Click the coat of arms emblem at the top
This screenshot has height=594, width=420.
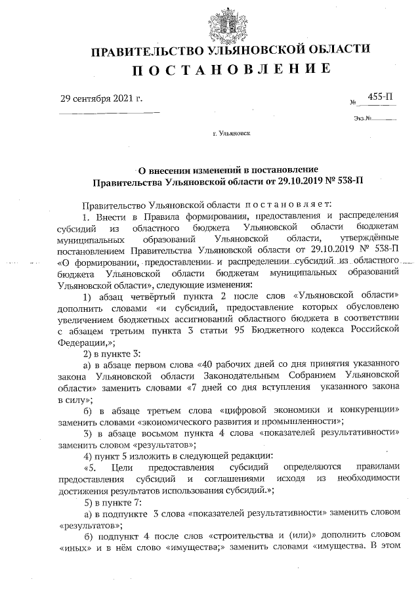point(229,23)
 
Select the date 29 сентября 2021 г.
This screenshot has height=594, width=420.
point(101,100)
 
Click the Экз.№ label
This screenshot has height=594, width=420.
point(363,119)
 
